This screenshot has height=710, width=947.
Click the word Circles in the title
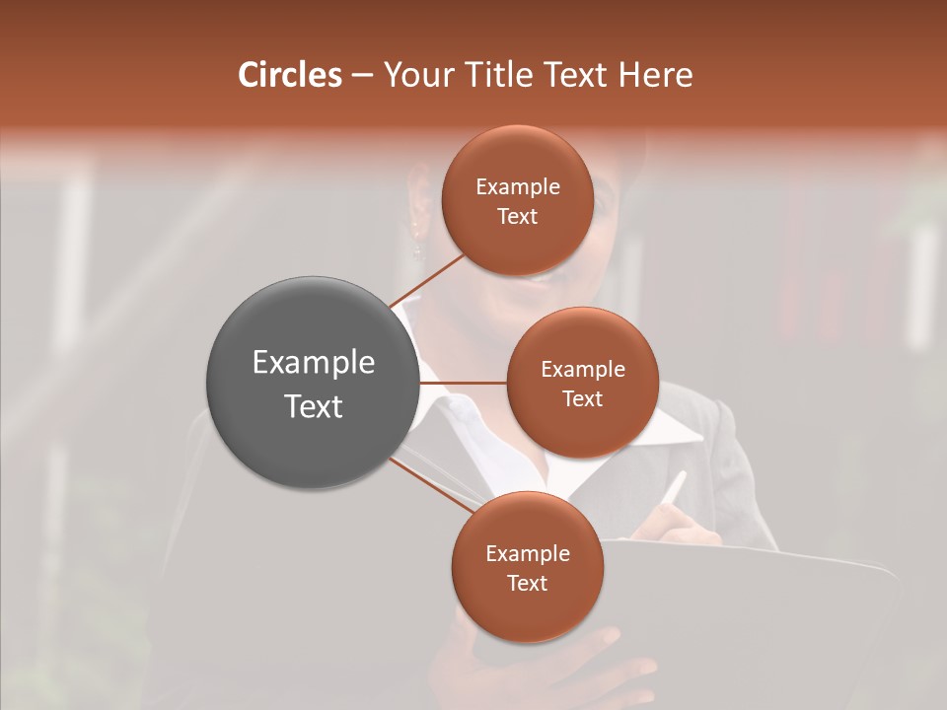(x=289, y=75)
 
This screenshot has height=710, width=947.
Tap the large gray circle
(x=313, y=383)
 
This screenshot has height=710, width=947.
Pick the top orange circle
(x=517, y=200)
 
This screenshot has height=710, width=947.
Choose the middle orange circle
(x=582, y=383)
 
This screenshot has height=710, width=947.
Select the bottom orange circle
(x=527, y=567)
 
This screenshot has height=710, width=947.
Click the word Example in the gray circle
(x=313, y=362)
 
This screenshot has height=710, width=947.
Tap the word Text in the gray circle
(x=313, y=405)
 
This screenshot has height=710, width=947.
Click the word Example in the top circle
(x=517, y=186)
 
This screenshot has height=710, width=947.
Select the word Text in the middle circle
(x=582, y=398)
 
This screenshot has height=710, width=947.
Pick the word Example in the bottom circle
(x=527, y=553)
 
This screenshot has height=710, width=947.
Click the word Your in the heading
(x=414, y=75)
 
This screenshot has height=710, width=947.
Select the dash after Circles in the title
(x=361, y=76)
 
